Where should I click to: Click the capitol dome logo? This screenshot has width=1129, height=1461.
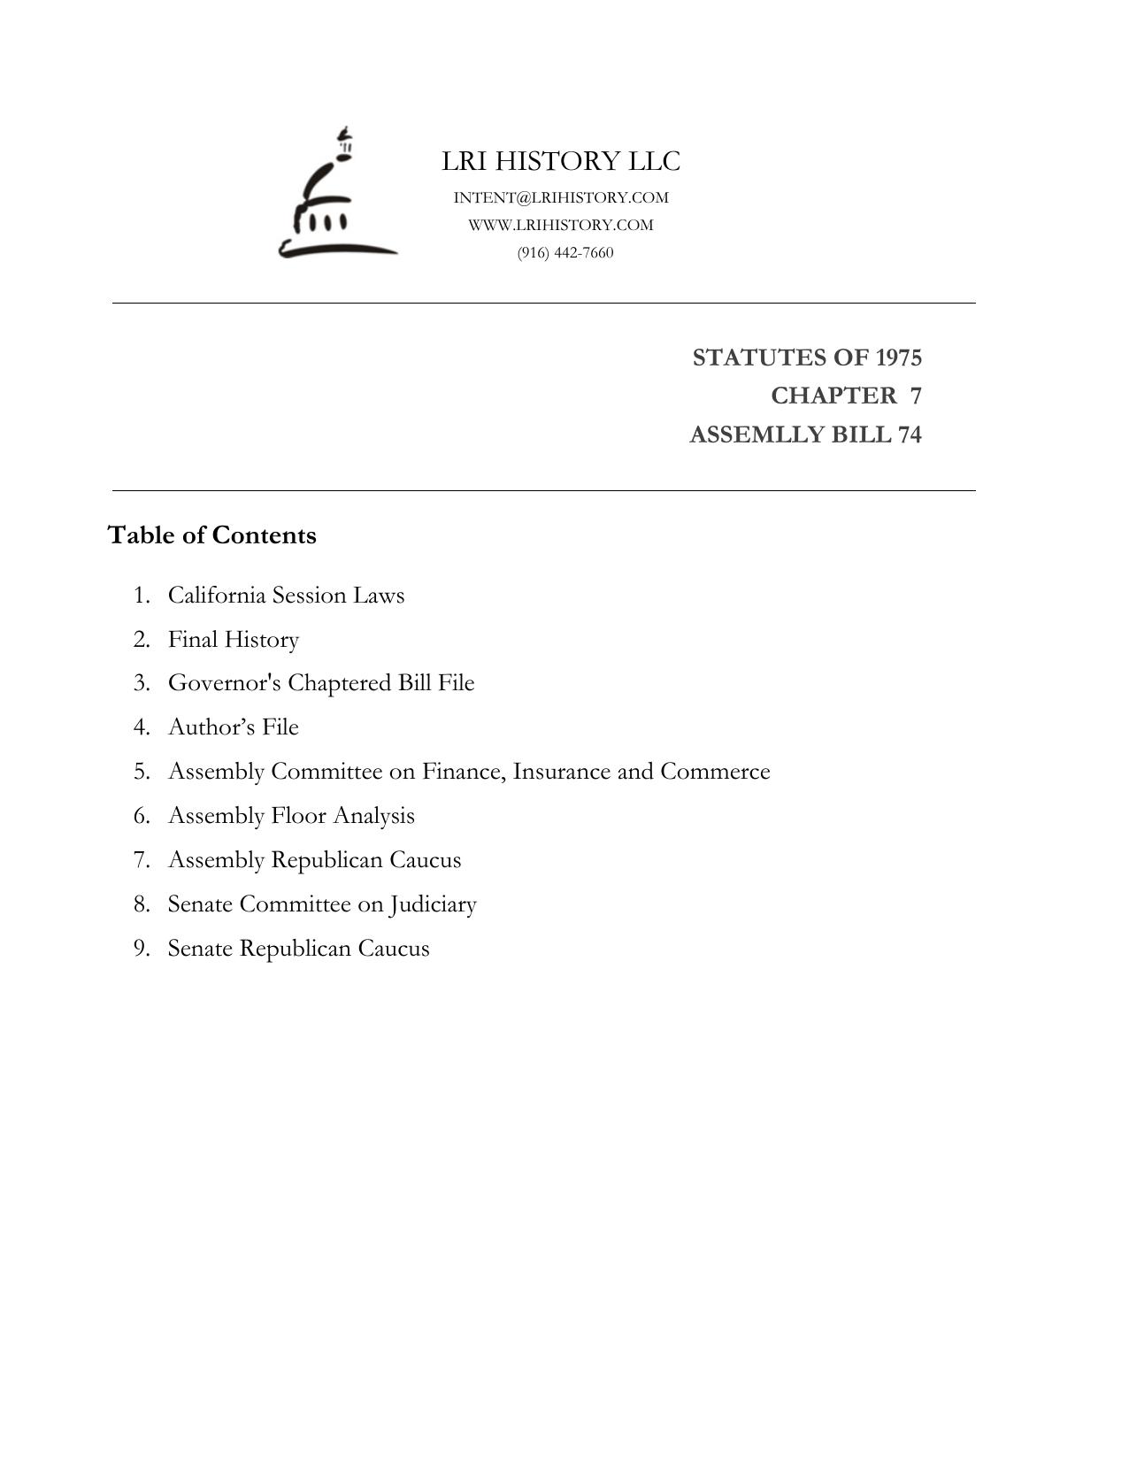point(337,196)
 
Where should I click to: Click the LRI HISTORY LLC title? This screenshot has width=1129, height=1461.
point(561,161)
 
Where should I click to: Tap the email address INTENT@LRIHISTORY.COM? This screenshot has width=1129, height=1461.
point(561,197)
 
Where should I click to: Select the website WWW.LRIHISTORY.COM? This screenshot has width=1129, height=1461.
point(561,225)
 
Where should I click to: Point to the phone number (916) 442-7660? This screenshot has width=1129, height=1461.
point(565,252)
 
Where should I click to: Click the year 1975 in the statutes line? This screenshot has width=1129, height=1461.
point(899,358)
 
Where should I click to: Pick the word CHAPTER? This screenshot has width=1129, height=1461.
point(833,396)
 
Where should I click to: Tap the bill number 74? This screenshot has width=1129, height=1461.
point(910,435)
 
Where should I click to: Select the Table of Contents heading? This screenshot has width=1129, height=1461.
point(211,535)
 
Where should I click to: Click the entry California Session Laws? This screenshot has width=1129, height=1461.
point(286,595)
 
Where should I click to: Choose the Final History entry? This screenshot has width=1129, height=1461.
point(234,639)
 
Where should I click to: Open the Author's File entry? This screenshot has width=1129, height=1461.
point(234,727)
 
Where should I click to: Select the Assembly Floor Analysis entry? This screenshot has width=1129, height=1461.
point(291,815)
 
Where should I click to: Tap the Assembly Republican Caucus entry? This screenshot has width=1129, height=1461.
point(314,859)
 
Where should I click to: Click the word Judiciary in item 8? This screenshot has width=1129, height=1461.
point(433,904)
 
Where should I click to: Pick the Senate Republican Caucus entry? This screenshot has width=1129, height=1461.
point(298,948)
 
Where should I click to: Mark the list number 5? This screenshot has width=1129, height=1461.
point(142,771)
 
